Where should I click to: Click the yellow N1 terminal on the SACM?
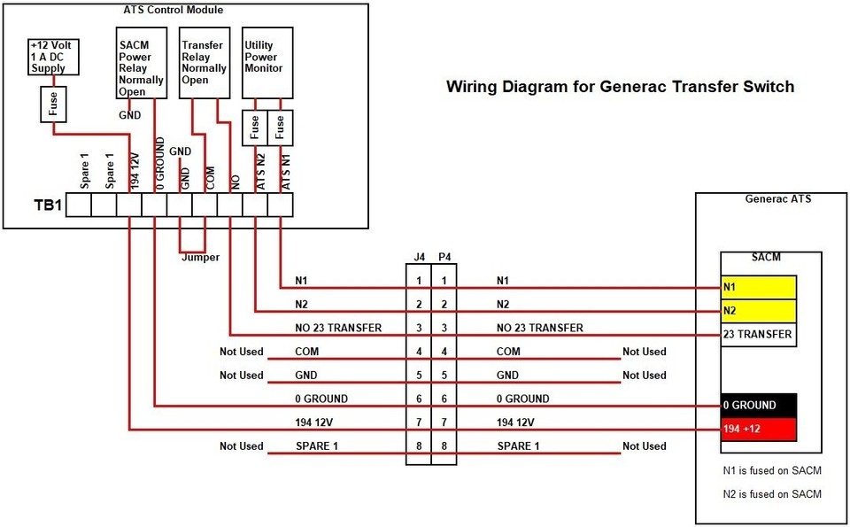click(758, 287)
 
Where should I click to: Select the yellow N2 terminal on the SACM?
click(758, 311)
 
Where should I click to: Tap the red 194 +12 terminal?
click(758, 429)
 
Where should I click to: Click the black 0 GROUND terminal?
click(758, 405)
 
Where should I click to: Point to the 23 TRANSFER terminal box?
click(758, 335)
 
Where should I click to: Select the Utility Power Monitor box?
click(267, 63)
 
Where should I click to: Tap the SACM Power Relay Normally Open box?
click(141, 63)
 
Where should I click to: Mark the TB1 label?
click(48, 205)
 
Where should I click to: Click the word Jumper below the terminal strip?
click(199, 258)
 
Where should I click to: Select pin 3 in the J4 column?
click(419, 328)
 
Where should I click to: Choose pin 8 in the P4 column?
click(444, 446)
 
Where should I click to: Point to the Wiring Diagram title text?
click(620, 87)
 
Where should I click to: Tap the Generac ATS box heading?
click(778, 199)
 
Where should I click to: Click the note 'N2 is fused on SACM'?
click(772, 493)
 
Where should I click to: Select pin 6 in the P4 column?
click(444, 399)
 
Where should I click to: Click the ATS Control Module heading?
click(173, 11)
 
